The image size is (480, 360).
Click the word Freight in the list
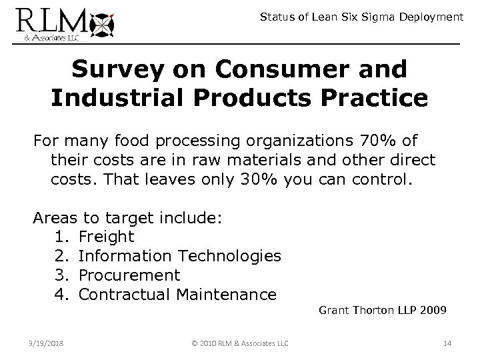click(106, 236)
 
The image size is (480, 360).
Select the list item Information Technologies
click(179, 255)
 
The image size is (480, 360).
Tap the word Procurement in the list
click(129, 274)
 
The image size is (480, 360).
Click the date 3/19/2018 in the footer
click(46, 343)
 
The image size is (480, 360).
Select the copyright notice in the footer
click(239, 343)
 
